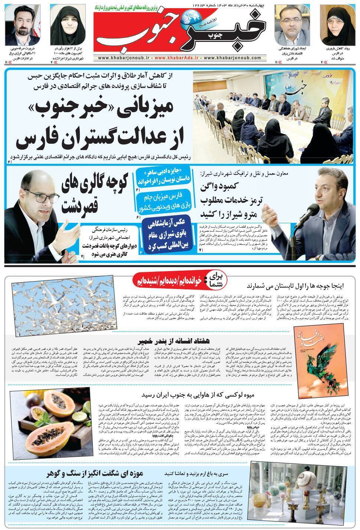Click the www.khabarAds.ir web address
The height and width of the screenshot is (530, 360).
click(179, 58)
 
